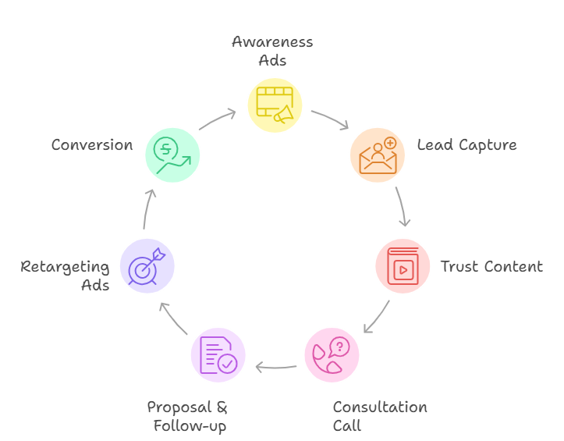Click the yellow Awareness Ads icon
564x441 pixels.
[275, 105]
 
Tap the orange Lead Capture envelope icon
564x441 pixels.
[377, 154]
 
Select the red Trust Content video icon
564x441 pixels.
[403, 265]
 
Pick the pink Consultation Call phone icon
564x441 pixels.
[332, 355]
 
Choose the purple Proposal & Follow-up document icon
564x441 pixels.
[218, 355]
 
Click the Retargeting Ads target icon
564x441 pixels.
[147, 265]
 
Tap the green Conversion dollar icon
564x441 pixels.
[172, 154]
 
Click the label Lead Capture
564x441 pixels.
[466, 145]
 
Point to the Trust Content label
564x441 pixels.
[491, 266]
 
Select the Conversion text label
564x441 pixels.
[92, 145]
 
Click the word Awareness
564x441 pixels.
[272, 42]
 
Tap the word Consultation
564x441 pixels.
[380, 407]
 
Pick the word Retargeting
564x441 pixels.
[65, 268]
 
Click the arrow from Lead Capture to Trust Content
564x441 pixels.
[402, 207]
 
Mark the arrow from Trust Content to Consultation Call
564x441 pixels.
[378, 316]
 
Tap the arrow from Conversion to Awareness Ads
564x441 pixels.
[217, 119]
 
